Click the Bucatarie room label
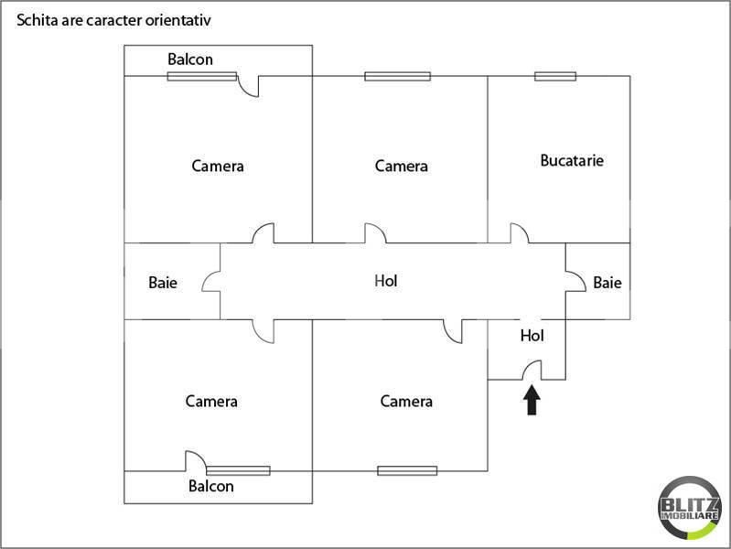click(572, 160)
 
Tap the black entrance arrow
click(532, 400)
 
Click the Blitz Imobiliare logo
click(690, 508)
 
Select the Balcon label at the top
click(190, 59)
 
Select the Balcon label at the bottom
click(211, 486)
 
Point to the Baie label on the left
click(163, 283)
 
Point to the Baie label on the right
click(607, 283)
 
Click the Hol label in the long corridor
click(386, 281)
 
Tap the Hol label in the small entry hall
click(532, 336)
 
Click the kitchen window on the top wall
click(555, 76)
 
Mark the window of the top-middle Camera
click(398, 76)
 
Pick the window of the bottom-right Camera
click(407, 470)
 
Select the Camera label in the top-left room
click(218, 166)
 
